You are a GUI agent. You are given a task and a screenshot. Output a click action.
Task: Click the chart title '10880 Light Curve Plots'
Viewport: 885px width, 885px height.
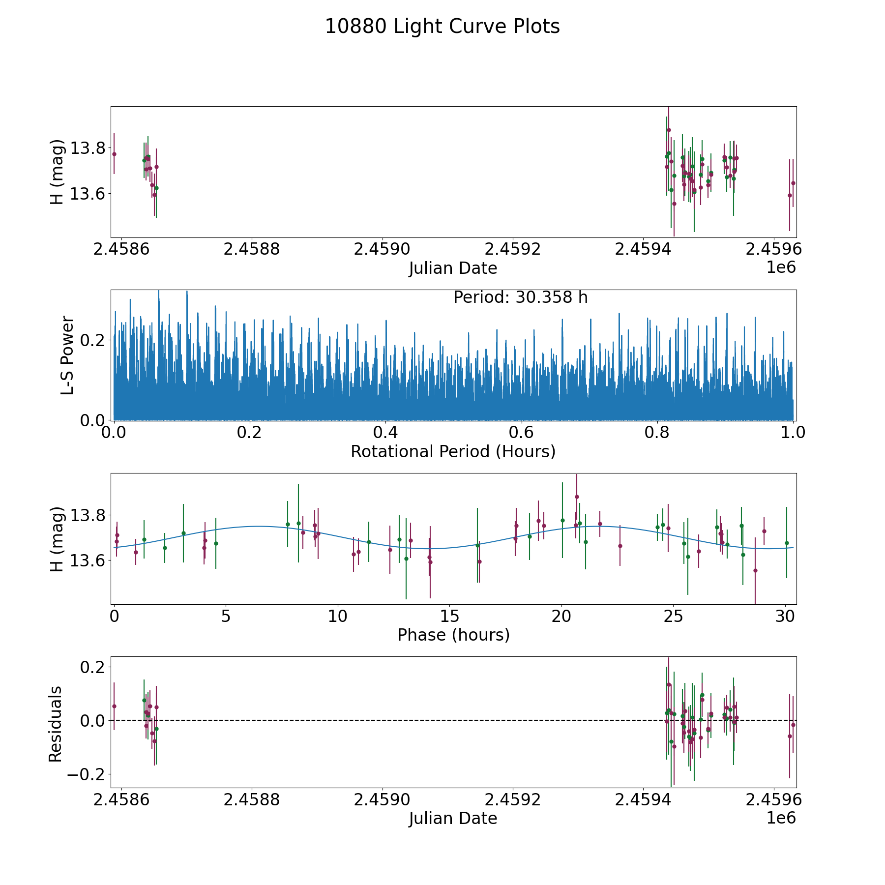pos(442,27)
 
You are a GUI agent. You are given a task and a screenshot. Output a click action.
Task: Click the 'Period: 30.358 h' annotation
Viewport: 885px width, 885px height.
pos(520,297)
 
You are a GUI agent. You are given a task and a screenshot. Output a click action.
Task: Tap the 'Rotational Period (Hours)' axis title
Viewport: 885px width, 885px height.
pos(453,451)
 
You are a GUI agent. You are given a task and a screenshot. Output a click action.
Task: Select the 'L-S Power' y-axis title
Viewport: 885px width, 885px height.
pos(67,355)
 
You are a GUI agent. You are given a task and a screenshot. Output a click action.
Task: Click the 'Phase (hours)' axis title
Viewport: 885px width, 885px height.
pos(453,635)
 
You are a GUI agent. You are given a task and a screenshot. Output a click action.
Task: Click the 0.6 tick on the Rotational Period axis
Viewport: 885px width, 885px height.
pos(521,433)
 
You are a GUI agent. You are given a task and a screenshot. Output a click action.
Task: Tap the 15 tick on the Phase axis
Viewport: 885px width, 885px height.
pos(449,617)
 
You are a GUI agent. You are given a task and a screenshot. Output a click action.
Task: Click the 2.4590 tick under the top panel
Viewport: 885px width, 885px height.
pos(382,250)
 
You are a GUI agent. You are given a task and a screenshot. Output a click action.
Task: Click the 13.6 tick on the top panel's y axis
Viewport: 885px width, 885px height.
pos(87,194)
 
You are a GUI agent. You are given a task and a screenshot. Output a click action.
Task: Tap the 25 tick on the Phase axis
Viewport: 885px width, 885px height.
pos(673,617)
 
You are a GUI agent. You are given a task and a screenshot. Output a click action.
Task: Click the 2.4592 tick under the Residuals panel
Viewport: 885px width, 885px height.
pos(513,800)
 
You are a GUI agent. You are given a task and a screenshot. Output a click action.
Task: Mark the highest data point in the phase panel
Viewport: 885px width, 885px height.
pos(577,497)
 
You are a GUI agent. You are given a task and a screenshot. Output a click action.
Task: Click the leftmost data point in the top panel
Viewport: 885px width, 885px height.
pos(114,154)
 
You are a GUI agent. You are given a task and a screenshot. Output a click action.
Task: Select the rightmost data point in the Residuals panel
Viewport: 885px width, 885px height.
pos(793,725)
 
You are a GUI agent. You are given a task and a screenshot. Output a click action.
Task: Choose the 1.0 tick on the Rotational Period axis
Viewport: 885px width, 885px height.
pos(793,433)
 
